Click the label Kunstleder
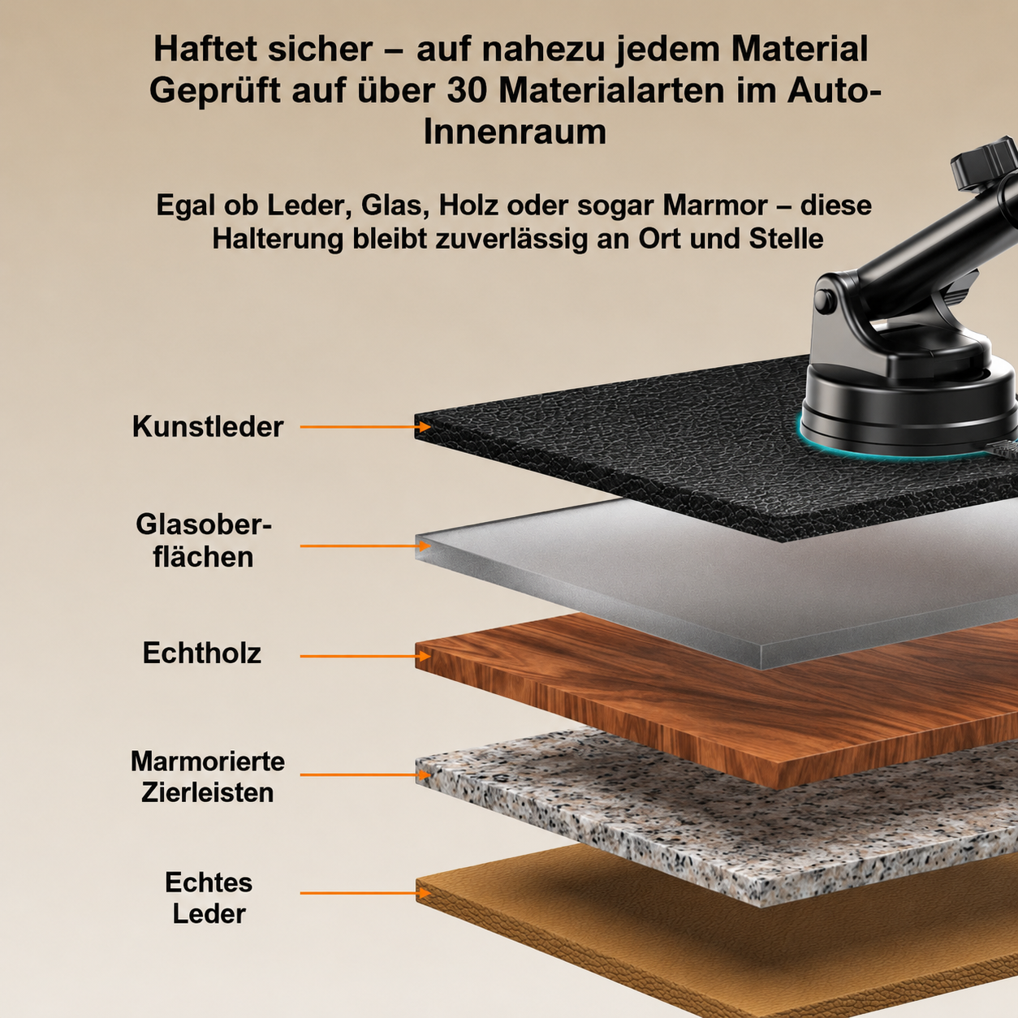(208, 426)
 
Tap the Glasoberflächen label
(204, 541)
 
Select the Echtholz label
(202, 653)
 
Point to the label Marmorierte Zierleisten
(208, 777)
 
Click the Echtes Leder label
(209, 898)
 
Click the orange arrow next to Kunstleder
(365, 426)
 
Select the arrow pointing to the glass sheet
(365, 546)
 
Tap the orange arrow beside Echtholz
(365, 656)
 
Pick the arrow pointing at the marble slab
(365, 775)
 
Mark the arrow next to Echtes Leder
(365, 893)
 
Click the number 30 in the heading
(468, 90)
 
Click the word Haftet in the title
(205, 50)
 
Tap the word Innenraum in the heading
(515, 132)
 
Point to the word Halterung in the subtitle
(278, 239)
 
